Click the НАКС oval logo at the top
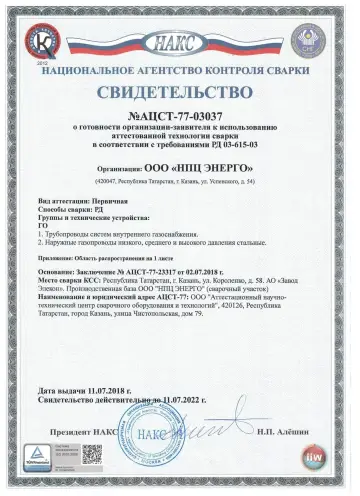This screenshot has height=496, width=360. pyautogui.click(x=180, y=43)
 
